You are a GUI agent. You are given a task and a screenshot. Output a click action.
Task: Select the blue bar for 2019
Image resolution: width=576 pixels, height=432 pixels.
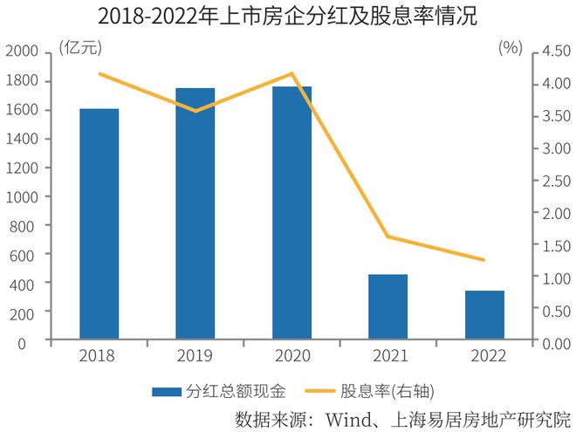pyautogui.click(x=195, y=213)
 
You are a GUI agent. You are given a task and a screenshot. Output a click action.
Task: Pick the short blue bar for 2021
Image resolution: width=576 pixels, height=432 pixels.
pyautogui.click(x=387, y=306)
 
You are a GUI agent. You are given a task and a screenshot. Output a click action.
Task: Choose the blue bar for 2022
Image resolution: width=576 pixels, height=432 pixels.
pyautogui.click(x=484, y=314)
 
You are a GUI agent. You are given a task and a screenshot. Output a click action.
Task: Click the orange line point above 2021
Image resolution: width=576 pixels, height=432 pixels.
pyautogui.click(x=387, y=237)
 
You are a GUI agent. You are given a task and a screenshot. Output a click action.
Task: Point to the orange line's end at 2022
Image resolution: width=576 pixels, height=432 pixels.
pyautogui.click(x=484, y=260)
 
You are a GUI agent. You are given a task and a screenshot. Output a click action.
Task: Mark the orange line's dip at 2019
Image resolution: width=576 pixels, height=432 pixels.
pyautogui.click(x=195, y=111)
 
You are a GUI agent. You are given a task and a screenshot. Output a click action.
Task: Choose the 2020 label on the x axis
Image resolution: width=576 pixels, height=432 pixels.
pyautogui.click(x=291, y=356)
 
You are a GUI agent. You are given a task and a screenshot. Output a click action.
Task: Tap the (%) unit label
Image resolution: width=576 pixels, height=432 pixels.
pyautogui.click(x=510, y=48)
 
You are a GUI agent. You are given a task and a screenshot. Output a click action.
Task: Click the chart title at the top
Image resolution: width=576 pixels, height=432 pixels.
pyautogui.click(x=287, y=17)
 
